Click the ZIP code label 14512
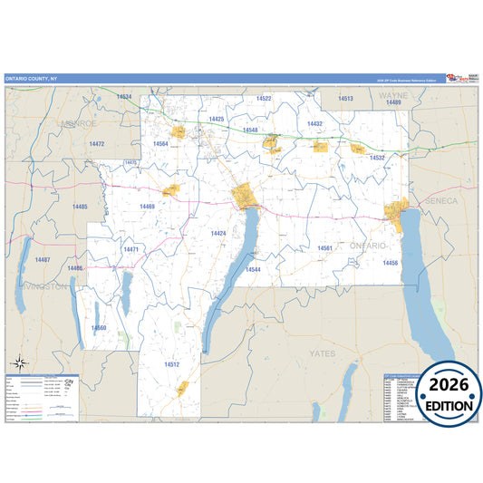[x=172, y=364]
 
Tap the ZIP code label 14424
[x=218, y=234]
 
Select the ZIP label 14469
[x=148, y=207]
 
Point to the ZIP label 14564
[x=160, y=144]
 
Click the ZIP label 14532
[x=377, y=158]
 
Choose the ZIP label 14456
[x=391, y=263]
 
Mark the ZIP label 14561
[x=325, y=247]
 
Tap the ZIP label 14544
[x=253, y=270]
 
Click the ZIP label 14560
[x=99, y=327]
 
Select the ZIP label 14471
[x=131, y=249]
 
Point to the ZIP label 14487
[x=43, y=260]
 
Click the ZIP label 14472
[x=97, y=144]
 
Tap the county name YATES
[x=322, y=353]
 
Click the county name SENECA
[x=440, y=200]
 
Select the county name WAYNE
[x=393, y=94]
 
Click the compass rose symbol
[x=17, y=362]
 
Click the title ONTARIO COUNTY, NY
[x=31, y=79]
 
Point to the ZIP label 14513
[x=345, y=98]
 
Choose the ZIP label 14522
[x=264, y=98]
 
